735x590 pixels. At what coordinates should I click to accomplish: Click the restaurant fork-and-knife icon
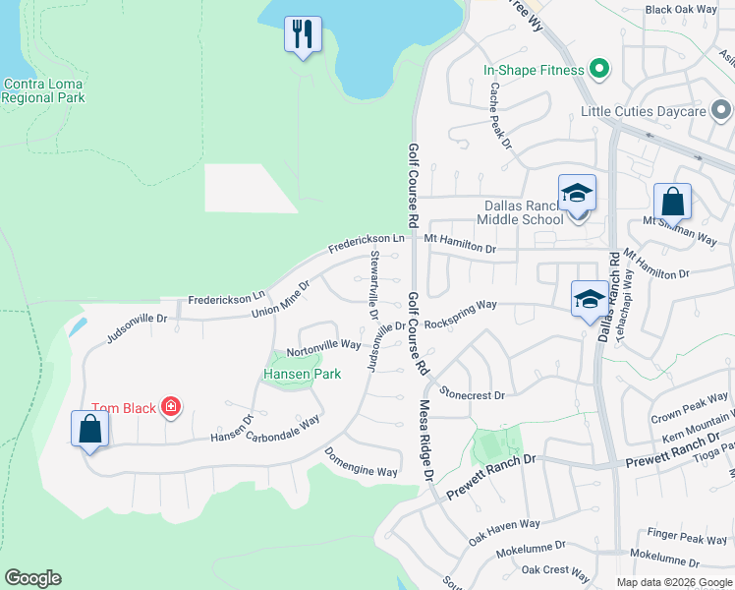[x=303, y=34]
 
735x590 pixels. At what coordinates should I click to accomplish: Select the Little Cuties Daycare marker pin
[x=720, y=110]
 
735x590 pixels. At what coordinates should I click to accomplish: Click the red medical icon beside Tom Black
[x=171, y=406]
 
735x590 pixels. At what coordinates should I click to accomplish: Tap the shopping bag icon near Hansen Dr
[x=89, y=430]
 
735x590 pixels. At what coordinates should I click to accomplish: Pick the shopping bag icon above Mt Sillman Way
[x=672, y=202]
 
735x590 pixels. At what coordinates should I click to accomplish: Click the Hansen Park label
[x=302, y=375]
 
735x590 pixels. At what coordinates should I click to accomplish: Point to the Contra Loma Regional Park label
[x=43, y=90]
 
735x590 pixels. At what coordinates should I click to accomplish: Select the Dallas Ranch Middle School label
[x=522, y=212]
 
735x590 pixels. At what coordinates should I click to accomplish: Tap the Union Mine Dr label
[x=280, y=298]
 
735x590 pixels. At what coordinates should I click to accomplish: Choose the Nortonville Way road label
[x=324, y=345]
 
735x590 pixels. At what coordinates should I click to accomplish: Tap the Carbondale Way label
[x=283, y=429]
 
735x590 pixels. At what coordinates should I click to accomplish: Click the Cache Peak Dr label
[x=501, y=115]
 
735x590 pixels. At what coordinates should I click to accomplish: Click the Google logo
[x=32, y=578]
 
